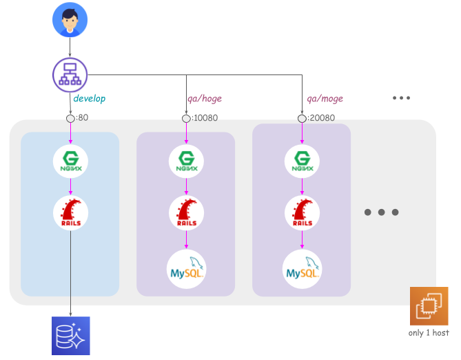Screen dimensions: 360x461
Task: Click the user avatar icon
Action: point(70,20)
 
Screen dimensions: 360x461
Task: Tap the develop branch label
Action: point(90,99)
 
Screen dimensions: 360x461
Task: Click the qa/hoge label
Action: point(205,99)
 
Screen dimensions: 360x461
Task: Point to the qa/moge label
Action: point(325,99)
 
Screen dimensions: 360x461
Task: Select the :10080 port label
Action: point(205,118)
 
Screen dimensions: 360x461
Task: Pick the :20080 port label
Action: point(322,118)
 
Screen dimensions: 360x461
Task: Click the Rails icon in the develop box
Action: point(70,212)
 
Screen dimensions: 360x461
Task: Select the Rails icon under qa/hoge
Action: point(186,212)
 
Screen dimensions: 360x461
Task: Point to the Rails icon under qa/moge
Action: point(302,212)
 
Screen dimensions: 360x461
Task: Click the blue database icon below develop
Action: point(70,336)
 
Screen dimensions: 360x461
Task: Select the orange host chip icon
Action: point(429,306)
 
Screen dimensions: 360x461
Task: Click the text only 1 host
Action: point(428,333)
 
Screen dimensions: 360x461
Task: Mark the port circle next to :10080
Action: point(186,119)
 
